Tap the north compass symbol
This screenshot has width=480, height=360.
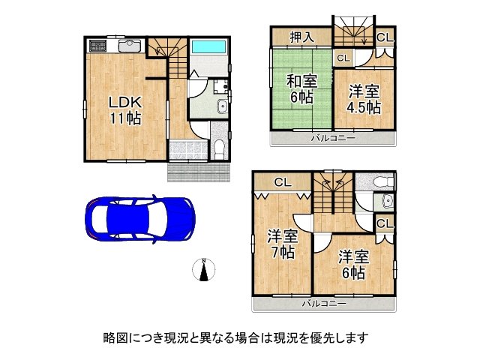(204, 270)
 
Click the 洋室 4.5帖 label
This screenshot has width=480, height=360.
(363, 99)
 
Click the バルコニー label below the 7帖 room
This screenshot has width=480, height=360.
(324, 304)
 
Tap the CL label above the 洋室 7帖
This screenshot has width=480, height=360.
(281, 181)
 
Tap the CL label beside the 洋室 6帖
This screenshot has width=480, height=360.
(383, 224)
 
